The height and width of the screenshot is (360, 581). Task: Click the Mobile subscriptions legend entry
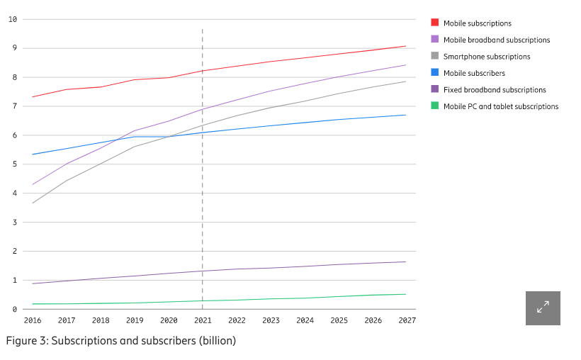point(477,23)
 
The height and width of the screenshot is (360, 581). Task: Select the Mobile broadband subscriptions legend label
point(497,40)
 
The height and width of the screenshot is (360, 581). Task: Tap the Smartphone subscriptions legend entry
point(487,57)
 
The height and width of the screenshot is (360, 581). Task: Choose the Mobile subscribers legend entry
point(474,73)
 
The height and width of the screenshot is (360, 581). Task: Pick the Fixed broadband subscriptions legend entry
point(495,90)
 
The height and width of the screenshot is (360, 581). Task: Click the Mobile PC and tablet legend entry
point(501,106)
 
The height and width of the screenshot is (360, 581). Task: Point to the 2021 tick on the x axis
point(203,320)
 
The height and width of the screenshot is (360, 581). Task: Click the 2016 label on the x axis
point(33,320)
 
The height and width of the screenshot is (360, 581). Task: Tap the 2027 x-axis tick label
point(407,320)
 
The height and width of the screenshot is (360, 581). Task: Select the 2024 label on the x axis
point(305,320)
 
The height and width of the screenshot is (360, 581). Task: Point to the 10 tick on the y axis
point(13,19)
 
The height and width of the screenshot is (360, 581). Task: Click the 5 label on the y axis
point(14,164)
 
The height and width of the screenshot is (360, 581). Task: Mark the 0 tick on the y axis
point(14,310)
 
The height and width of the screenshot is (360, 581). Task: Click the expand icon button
point(543,308)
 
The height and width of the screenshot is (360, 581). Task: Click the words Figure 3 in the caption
point(28,341)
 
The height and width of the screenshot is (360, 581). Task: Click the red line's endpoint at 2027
point(406,46)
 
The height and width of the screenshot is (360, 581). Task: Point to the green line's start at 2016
point(33,304)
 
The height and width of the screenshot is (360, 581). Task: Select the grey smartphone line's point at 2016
point(33,203)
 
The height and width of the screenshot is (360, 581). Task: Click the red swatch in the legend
point(435,23)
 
